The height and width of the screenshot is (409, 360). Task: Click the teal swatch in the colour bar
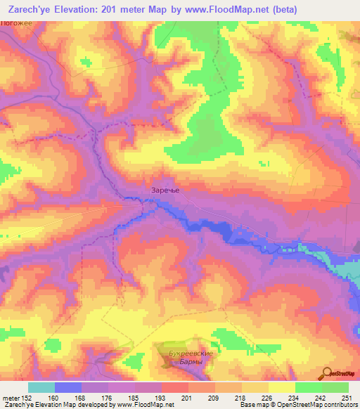pyautogui.click(x=41, y=388)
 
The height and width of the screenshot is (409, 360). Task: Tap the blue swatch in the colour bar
pyautogui.click(x=68, y=388)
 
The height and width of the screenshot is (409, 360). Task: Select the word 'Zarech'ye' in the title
pyautogui.click(x=32, y=9)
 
